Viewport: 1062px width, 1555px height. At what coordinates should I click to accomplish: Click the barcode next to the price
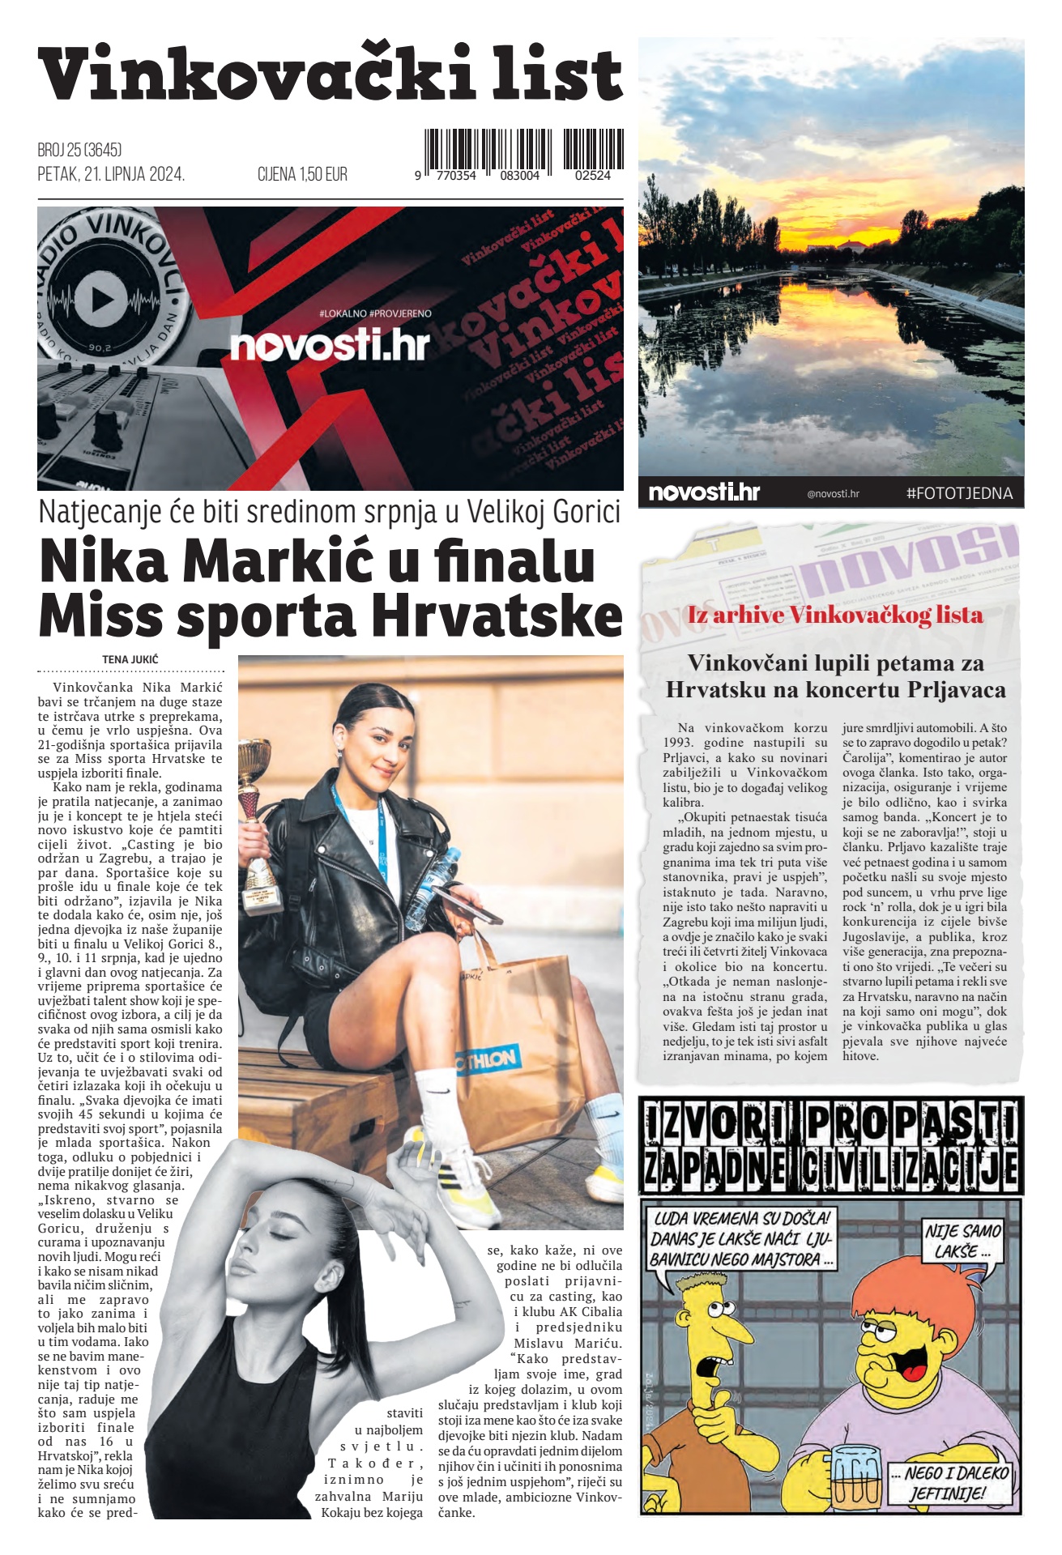point(523,153)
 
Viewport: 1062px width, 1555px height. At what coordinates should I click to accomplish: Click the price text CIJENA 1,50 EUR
point(302,174)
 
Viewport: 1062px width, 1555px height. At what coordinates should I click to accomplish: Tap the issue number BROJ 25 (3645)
point(79,150)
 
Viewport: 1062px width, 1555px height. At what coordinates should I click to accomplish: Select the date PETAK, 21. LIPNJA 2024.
point(111,174)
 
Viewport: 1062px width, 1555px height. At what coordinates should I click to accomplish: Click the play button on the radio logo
point(101,300)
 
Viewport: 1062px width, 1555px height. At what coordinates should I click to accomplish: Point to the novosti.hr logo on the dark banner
point(329,346)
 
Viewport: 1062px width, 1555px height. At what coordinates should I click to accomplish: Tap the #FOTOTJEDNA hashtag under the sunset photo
point(959,493)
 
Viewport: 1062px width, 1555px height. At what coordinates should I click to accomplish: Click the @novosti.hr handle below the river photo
point(833,494)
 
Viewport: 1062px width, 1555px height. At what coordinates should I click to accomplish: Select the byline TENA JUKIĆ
point(130,659)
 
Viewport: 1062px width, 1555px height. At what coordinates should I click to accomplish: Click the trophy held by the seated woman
point(256,818)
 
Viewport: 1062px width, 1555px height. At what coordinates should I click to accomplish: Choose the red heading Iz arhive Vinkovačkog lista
point(834,616)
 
